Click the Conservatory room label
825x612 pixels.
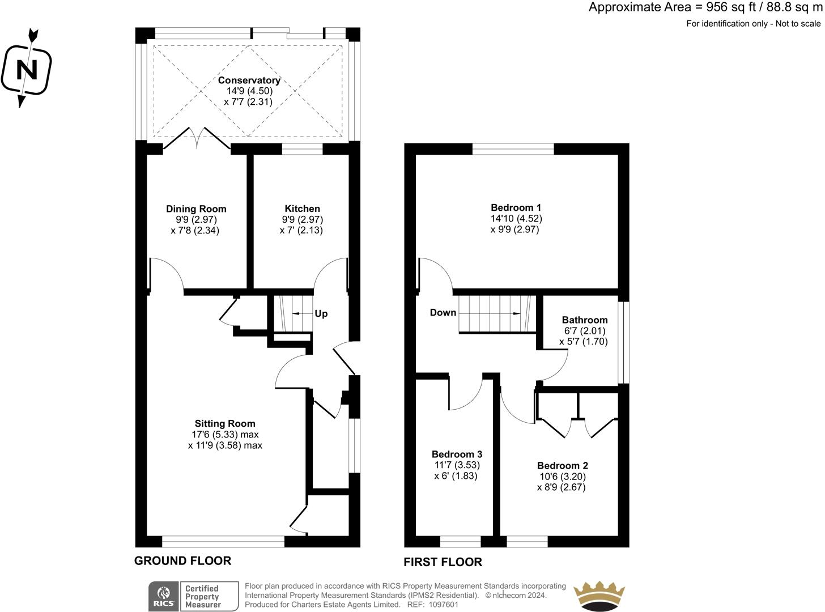(x=249, y=80)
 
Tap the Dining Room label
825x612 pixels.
(x=196, y=209)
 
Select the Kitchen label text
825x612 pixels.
(x=302, y=209)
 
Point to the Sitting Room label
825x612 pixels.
(x=225, y=423)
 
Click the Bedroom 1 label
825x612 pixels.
(x=516, y=207)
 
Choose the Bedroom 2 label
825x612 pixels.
(x=563, y=465)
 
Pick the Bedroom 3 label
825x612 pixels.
(x=457, y=454)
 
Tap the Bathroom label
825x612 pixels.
(x=585, y=320)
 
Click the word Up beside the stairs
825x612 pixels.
(x=321, y=313)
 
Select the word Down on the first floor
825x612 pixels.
(x=443, y=312)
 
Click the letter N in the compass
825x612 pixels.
(x=27, y=70)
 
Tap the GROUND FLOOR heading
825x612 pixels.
(x=182, y=560)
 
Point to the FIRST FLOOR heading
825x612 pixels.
(x=443, y=562)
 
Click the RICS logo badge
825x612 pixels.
(x=164, y=596)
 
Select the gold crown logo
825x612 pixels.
(x=599, y=596)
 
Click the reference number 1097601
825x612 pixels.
(x=443, y=605)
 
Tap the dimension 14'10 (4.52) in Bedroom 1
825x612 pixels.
(x=516, y=218)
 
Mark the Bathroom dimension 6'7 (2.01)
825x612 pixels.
(x=585, y=331)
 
